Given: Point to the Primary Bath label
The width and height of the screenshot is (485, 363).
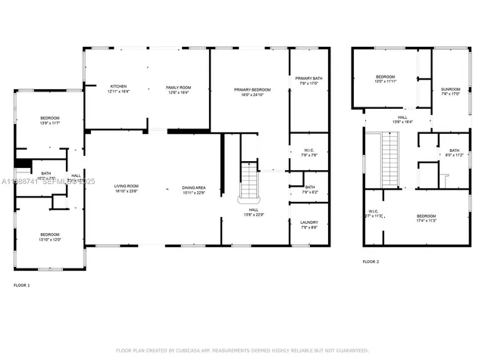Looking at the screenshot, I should click(x=308, y=81).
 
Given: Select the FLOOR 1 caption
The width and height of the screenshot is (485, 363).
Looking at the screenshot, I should click(x=22, y=285).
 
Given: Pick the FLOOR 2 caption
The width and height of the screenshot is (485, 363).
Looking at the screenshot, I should click(x=371, y=261).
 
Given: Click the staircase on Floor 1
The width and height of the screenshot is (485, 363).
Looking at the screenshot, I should click(x=249, y=181).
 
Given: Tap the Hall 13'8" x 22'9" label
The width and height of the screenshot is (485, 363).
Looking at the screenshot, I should click(x=254, y=212).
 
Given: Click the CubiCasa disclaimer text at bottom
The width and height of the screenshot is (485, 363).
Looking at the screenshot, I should click(x=242, y=350).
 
